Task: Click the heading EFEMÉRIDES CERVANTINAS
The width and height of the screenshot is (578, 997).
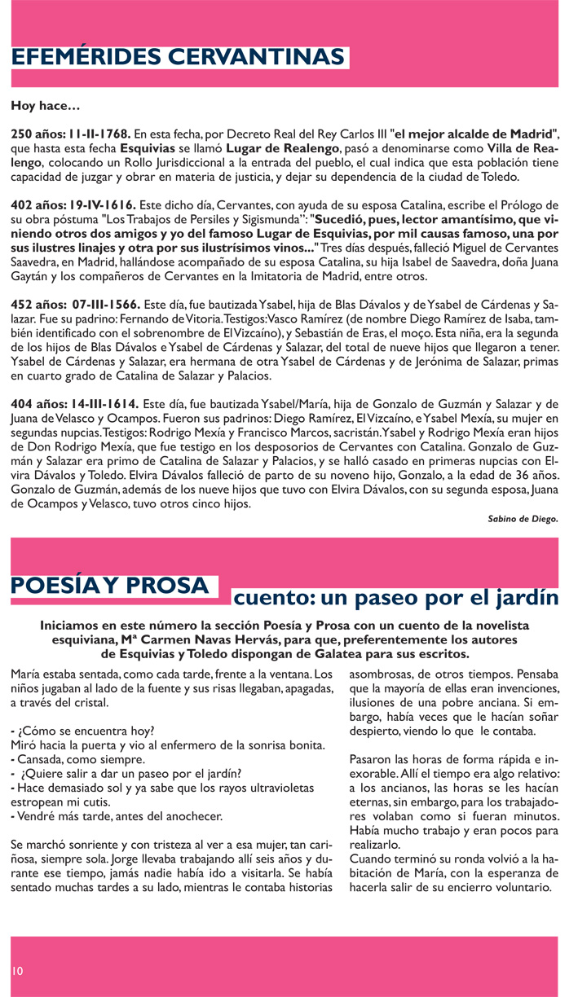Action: pyautogui.click(x=178, y=57)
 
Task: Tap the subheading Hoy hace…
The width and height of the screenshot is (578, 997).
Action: pyautogui.click(x=46, y=106)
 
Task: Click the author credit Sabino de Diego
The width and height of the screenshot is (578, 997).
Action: pyautogui.click(x=523, y=518)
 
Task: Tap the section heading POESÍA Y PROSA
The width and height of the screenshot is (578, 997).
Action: pyautogui.click(x=109, y=586)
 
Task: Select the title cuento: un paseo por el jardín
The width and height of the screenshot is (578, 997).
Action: pyautogui.click(x=395, y=599)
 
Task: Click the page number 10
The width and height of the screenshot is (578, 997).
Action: pyautogui.click(x=18, y=971)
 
